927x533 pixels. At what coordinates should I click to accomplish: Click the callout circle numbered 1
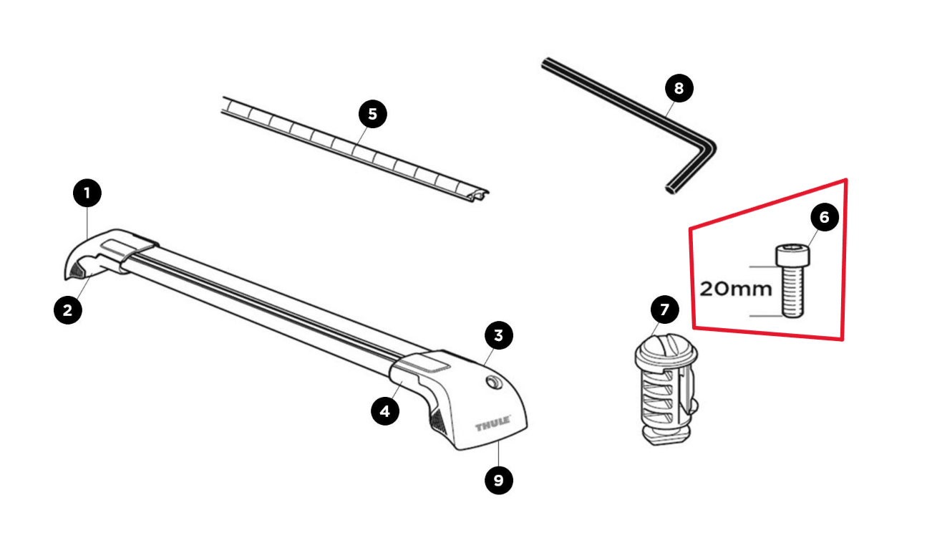pos(87,193)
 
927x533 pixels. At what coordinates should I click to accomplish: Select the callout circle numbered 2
pos(67,310)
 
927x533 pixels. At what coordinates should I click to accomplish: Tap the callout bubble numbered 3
pos(498,335)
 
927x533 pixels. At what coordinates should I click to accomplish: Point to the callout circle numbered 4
pos(385,410)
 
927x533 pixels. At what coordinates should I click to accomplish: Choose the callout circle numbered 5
pos(372,114)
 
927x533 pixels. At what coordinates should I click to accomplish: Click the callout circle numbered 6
pos(824,217)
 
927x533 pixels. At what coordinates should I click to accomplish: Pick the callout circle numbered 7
pos(664,310)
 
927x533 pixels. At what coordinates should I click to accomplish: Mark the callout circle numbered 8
pos(679,88)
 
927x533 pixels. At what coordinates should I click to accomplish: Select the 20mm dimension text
pos(736,289)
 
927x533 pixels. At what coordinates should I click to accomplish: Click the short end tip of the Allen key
pos(671,188)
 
